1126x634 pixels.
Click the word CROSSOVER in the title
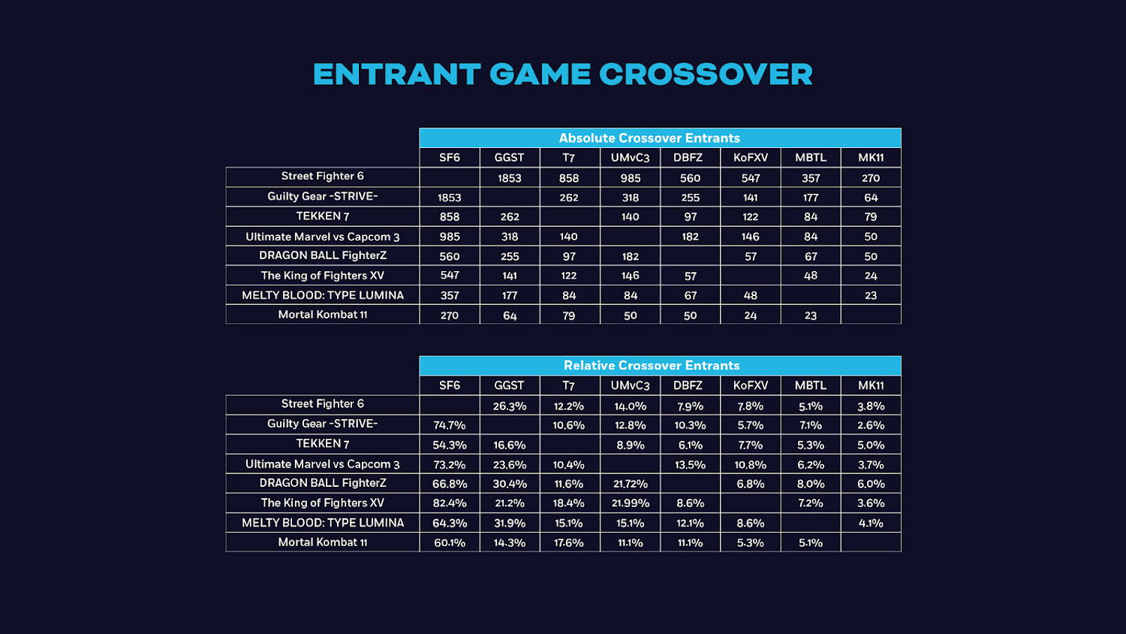[706, 74]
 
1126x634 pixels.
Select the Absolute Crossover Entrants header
[649, 138]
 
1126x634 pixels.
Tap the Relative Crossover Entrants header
[652, 366]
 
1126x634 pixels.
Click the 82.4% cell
[450, 503]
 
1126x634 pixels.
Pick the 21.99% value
[631, 503]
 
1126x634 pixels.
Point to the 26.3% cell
[510, 406]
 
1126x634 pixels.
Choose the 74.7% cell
[450, 425]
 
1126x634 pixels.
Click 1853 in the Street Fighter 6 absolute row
[510, 178]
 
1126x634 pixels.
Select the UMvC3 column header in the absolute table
[631, 158]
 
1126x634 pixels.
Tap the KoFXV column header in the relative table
[751, 385]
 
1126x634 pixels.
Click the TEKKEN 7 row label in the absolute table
[323, 216]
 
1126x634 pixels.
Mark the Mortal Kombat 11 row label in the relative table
[323, 542]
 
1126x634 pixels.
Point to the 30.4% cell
[510, 484]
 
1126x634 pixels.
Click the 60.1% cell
[450, 542]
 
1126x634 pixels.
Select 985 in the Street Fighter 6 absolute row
[631, 178]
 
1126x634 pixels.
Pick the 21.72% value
[631, 484]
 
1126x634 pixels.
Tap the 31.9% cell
[510, 523]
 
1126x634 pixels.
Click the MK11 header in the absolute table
[871, 158]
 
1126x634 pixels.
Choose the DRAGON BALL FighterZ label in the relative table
[323, 483]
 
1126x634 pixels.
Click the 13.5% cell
[691, 465]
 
